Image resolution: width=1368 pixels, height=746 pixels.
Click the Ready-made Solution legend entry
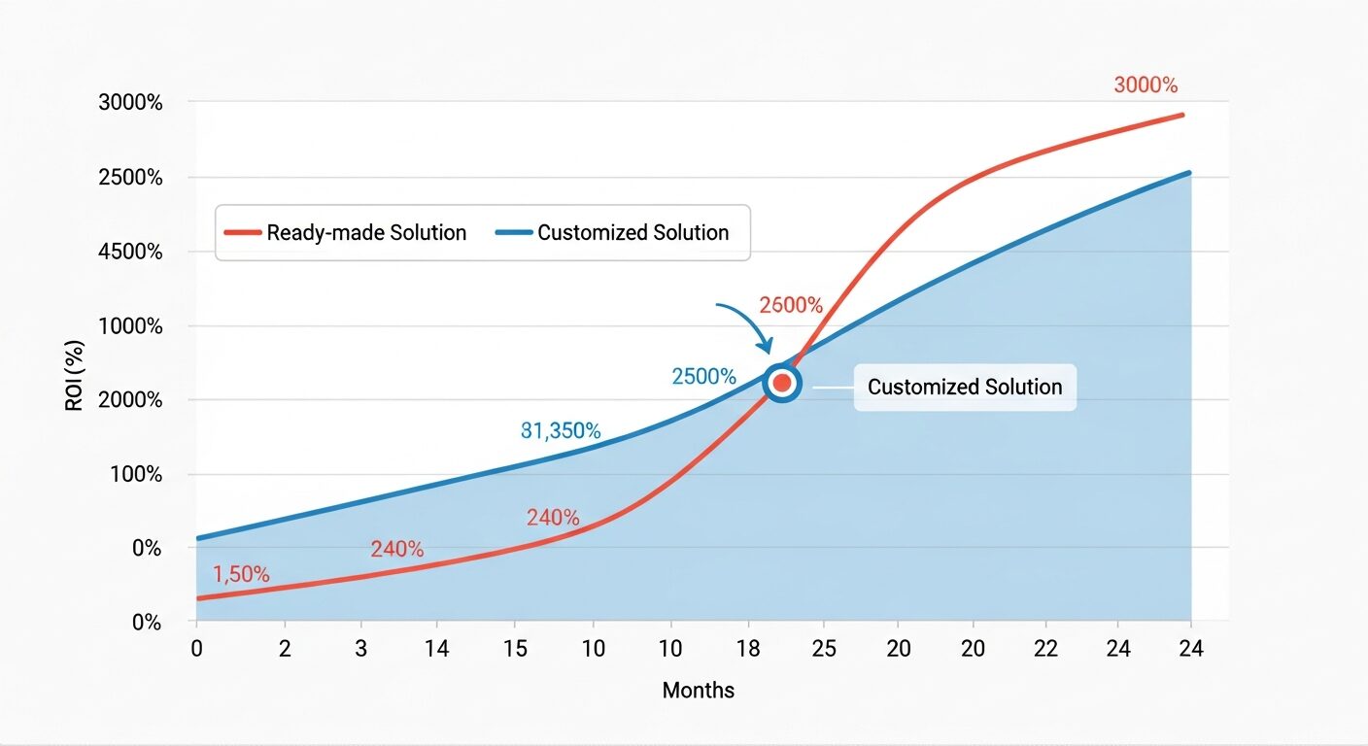[x=346, y=233]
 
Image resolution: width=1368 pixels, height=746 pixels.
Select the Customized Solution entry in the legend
[x=612, y=233]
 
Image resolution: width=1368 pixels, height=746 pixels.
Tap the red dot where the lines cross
[x=782, y=384]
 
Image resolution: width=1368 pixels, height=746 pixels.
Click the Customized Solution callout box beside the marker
[x=964, y=388]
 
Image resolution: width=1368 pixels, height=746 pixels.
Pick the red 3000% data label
[x=1146, y=85]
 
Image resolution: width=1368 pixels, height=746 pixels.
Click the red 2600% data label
[x=791, y=305]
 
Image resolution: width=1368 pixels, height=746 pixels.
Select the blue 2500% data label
[x=703, y=377]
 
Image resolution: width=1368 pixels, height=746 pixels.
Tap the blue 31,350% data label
[x=561, y=430]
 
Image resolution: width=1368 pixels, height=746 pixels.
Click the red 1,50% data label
[x=241, y=574]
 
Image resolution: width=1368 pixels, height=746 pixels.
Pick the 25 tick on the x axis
[x=823, y=649]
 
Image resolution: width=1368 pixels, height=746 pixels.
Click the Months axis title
[x=698, y=691]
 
